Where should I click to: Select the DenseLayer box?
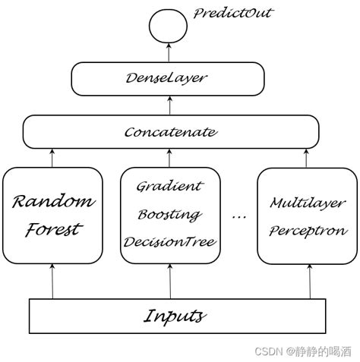(168, 77)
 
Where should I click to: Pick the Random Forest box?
(52, 215)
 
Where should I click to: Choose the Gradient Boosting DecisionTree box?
(170, 214)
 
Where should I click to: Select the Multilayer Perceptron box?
(306, 215)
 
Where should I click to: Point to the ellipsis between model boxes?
(238, 217)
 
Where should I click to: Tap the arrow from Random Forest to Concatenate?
(52, 157)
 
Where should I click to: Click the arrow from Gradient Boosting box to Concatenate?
(169, 157)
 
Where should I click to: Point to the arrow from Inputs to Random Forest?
(52, 281)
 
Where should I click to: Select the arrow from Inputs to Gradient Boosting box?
(169, 281)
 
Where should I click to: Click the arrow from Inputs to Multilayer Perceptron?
(309, 281)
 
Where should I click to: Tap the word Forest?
(52, 229)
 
